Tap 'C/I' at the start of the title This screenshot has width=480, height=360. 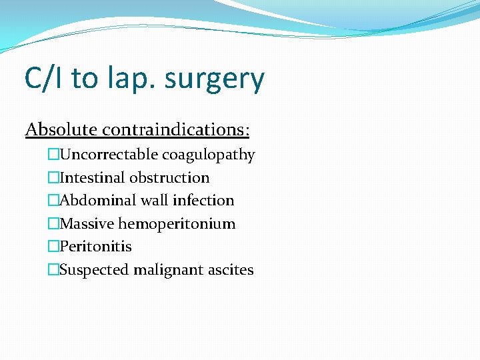[44, 78]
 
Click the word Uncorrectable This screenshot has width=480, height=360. [110, 155]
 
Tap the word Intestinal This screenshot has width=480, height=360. [93, 178]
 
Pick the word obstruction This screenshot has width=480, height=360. [169, 178]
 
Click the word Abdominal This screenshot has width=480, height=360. [96, 201]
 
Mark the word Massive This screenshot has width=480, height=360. [87, 224]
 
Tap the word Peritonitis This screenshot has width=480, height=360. [95, 247]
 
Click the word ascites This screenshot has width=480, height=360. [231, 270]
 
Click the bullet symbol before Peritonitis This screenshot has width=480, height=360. [53, 247]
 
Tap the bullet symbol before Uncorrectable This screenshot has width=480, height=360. [53, 155]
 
